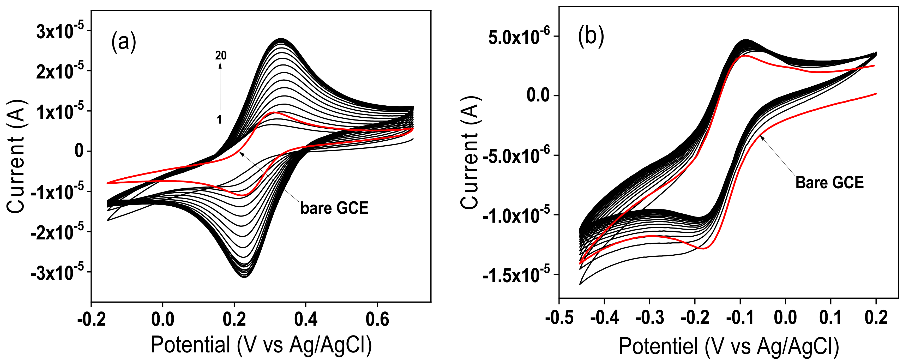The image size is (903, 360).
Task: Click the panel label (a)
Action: click(x=123, y=42)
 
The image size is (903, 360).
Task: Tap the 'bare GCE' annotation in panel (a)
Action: click(x=334, y=208)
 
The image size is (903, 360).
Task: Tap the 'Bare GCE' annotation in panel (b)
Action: click(x=829, y=183)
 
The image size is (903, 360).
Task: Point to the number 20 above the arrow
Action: click(x=221, y=55)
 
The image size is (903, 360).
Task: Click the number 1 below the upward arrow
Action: click(x=219, y=120)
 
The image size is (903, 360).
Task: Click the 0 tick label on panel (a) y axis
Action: click(x=79, y=151)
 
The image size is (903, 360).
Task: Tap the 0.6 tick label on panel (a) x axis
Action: click(x=377, y=319)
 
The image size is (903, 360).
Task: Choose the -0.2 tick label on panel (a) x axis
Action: click(x=92, y=319)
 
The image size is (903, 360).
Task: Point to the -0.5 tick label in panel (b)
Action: click(x=559, y=317)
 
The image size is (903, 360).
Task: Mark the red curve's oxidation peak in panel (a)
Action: click(x=276, y=112)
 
